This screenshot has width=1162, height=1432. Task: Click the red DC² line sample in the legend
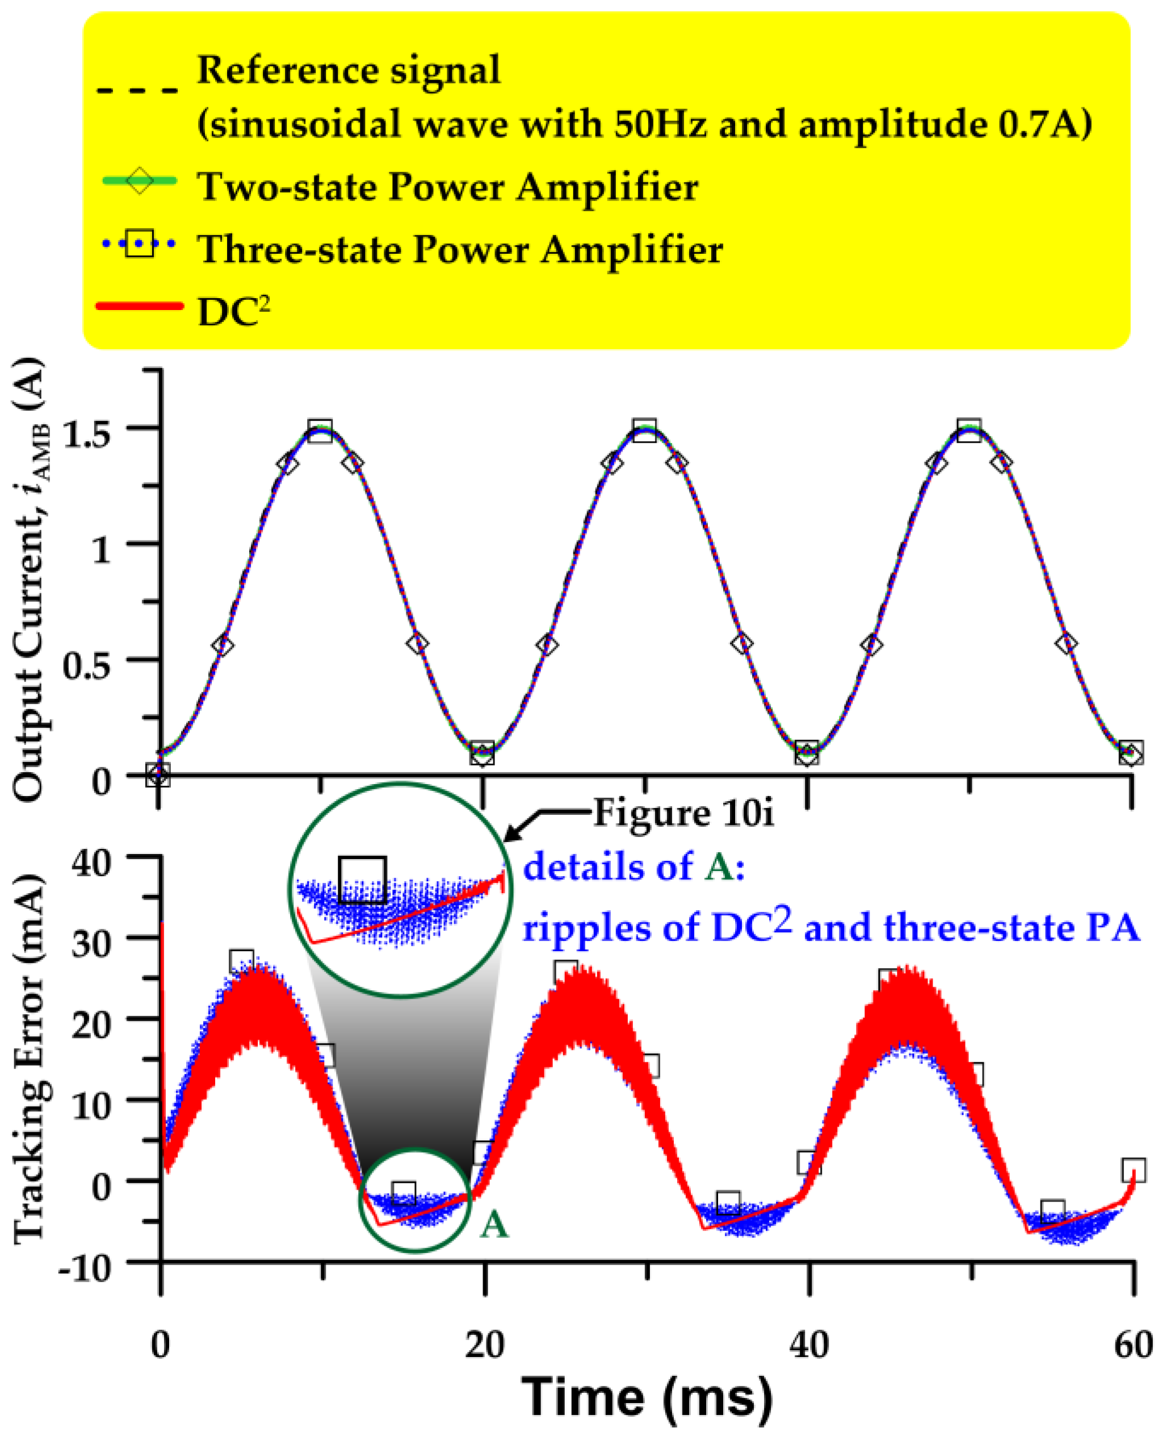pyautogui.click(x=139, y=307)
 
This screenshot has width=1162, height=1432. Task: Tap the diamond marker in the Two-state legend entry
pyautogui.click(x=139, y=182)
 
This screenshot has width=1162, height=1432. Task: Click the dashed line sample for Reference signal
pyautogui.click(x=138, y=89)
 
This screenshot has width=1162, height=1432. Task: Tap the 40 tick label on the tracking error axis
pyautogui.click(x=91, y=864)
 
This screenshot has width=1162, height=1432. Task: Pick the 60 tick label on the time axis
pyautogui.click(x=1132, y=1345)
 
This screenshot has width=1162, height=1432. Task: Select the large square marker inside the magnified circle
pyautogui.click(x=363, y=880)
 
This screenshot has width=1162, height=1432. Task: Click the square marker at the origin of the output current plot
pyautogui.click(x=158, y=775)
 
